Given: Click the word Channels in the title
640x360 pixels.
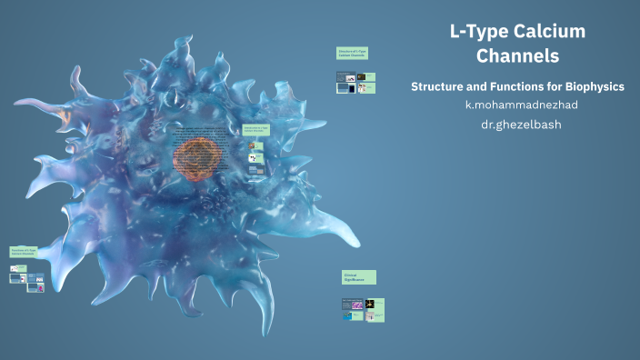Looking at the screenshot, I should pyautogui.click(x=518, y=56).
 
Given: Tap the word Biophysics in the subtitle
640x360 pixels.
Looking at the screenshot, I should pyautogui.click(x=591, y=86).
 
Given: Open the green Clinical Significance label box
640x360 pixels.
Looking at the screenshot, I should pyautogui.click(x=358, y=276).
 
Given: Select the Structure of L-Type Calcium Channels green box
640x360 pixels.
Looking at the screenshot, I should pyautogui.click(x=352, y=55).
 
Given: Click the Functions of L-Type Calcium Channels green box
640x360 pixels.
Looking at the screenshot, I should pyautogui.click(x=24, y=252).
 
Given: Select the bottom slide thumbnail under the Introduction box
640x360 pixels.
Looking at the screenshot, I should pyautogui.click(x=257, y=169).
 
